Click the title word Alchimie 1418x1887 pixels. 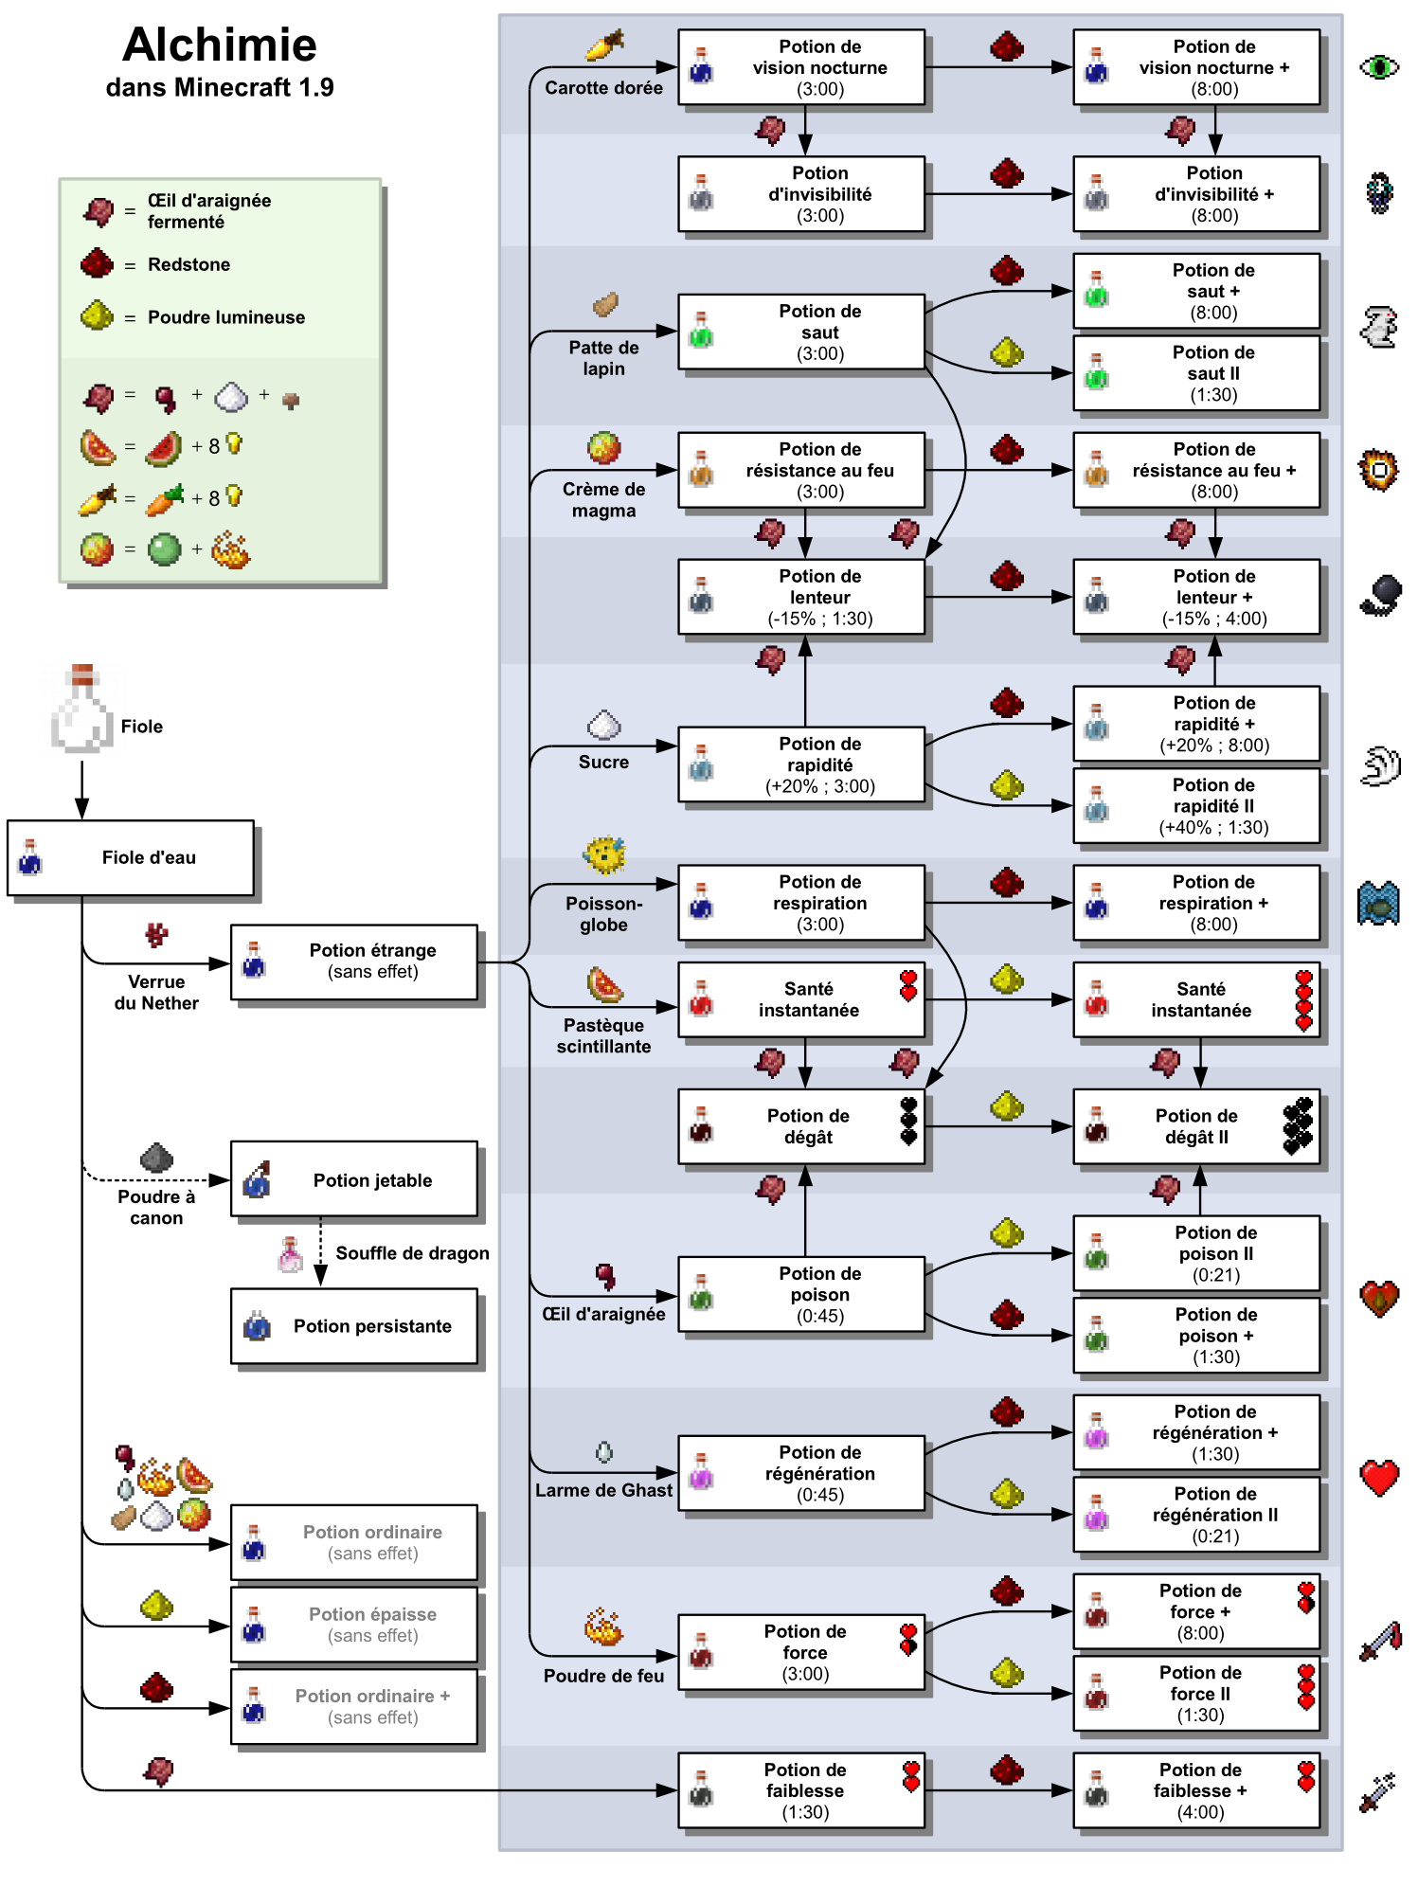click(220, 45)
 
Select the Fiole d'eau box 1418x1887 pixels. click(131, 857)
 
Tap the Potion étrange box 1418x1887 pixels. click(354, 961)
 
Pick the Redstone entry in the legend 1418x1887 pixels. click(188, 264)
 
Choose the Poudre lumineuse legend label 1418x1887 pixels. click(225, 317)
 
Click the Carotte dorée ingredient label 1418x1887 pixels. click(603, 88)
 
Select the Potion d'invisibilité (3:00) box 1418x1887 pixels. click(801, 194)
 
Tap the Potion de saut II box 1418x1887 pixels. click(1195, 373)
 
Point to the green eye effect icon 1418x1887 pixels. click(1378, 67)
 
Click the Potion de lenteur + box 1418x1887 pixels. click(1195, 597)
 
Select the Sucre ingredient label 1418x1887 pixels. click(603, 762)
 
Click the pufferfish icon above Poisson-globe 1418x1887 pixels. click(604, 855)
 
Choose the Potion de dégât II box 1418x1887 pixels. click(1195, 1126)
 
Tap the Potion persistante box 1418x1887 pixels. click(354, 1326)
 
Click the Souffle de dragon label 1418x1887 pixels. click(412, 1253)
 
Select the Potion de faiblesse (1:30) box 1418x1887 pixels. click(801, 1790)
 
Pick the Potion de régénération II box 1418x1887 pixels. click(1195, 1514)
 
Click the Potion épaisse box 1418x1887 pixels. click(354, 1625)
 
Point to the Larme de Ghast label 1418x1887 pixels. click(603, 1490)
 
